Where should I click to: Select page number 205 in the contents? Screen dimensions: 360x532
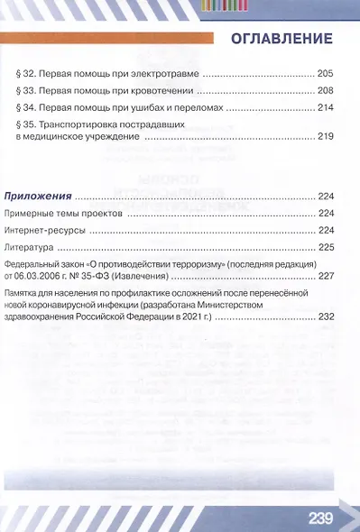[326, 73]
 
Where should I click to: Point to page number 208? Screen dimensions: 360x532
[326, 90]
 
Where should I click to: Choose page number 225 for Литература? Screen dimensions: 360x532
[326, 246]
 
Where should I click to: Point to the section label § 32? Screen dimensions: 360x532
[26, 73]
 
